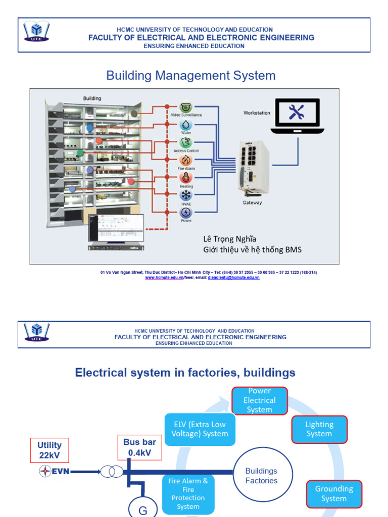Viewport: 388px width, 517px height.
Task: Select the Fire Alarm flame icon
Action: click(x=186, y=160)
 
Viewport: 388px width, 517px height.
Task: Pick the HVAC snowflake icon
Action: click(x=186, y=195)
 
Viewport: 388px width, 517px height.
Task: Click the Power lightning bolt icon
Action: click(x=186, y=213)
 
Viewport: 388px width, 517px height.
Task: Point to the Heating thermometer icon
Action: click(x=186, y=178)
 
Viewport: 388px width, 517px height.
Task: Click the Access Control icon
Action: click(x=186, y=142)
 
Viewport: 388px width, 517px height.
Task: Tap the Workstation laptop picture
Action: click(x=297, y=116)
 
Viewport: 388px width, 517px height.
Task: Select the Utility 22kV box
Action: click(x=50, y=450)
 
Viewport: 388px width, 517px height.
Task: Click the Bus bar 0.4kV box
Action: click(x=140, y=447)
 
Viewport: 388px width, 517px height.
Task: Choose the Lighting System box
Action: click(x=319, y=429)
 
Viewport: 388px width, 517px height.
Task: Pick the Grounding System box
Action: click(x=334, y=493)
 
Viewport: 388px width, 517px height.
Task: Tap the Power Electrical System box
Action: click(x=260, y=400)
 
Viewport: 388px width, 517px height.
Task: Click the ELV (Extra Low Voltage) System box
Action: click(x=200, y=429)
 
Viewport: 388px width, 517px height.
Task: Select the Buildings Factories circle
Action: click(x=261, y=476)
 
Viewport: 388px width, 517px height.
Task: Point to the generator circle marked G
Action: click(x=143, y=509)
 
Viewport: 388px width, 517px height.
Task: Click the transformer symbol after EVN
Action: click(x=111, y=472)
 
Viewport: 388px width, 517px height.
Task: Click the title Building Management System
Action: click(x=191, y=76)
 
